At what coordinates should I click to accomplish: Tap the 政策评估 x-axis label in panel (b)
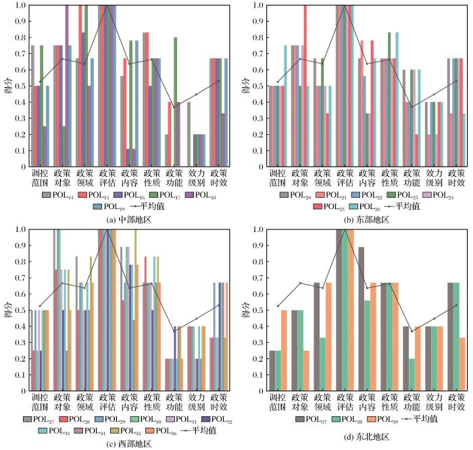point(345,178)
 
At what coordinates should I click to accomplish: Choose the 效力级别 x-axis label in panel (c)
point(195,403)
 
